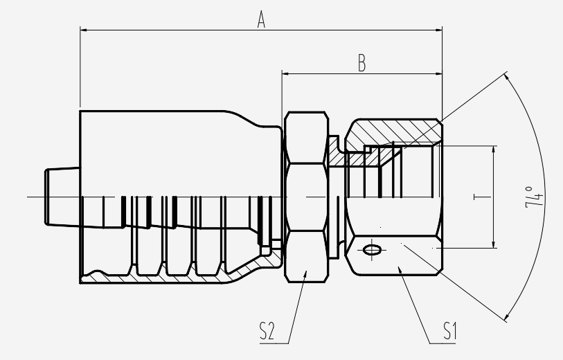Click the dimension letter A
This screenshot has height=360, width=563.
tap(261, 19)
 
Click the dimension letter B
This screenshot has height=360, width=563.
tap(362, 63)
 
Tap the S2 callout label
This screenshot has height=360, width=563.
tap(267, 331)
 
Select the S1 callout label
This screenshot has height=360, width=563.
tap(449, 330)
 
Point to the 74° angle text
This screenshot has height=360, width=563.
tap(534, 197)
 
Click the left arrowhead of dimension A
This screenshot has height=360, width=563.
tap(84, 30)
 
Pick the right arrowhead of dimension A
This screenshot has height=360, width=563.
tap(438, 30)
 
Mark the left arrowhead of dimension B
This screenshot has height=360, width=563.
tap(286, 74)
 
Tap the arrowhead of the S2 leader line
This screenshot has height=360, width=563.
tap(305, 275)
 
